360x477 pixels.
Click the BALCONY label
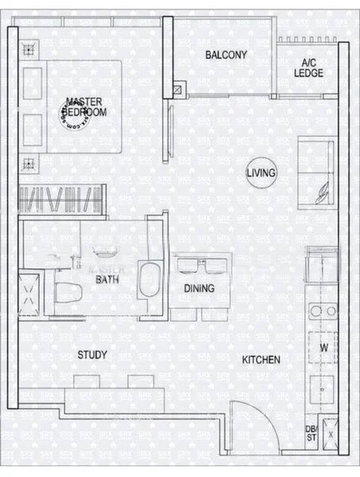click(226, 55)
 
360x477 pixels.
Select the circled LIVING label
click(261, 173)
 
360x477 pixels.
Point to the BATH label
click(108, 280)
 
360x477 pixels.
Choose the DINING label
click(199, 289)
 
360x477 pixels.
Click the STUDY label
click(93, 355)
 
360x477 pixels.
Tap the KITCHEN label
click(261, 360)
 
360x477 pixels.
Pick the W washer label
click(323, 347)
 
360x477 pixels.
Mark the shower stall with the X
click(31, 292)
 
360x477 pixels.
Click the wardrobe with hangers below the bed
click(62, 199)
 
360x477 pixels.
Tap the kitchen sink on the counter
click(323, 262)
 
